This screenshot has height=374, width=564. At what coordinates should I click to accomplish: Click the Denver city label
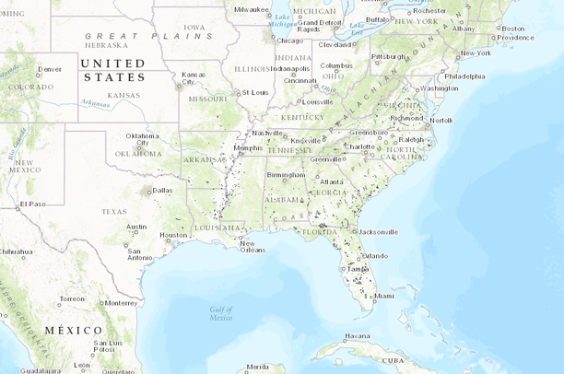point(50,69)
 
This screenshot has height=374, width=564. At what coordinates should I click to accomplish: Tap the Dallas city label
point(162,191)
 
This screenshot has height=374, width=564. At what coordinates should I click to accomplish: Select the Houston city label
point(172,234)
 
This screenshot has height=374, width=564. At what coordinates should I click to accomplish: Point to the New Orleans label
point(253,246)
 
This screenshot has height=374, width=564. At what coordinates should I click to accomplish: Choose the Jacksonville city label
point(378,231)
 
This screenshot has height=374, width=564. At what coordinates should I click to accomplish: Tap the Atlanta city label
point(331,181)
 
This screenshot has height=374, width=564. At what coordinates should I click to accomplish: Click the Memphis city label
point(248,147)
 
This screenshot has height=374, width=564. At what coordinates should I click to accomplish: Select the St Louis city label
point(254,92)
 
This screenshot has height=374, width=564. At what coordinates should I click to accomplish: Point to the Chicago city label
point(288,41)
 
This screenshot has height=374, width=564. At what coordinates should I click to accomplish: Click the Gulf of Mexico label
point(220,313)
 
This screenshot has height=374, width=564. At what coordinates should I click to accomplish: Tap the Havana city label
point(357,335)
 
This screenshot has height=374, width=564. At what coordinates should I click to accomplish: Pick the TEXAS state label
point(114,211)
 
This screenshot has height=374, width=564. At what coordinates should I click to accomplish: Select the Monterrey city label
point(121,302)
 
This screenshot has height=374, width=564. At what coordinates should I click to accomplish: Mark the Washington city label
point(438,88)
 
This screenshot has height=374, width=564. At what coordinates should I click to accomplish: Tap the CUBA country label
point(393,360)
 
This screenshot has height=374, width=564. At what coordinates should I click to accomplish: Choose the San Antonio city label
point(140,253)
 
